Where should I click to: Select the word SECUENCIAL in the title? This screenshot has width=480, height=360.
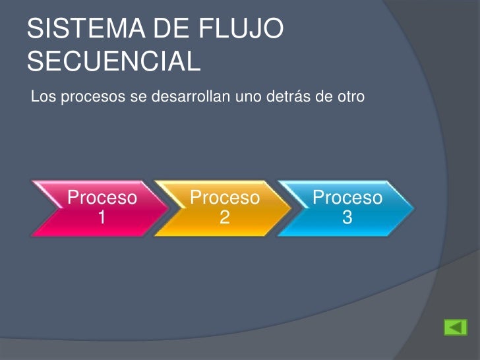click(113, 61)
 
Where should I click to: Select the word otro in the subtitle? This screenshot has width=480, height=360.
click(349, 98)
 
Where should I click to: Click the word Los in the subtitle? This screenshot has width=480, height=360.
click(40, 98)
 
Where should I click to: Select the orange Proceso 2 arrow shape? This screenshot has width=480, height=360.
click(221, 208)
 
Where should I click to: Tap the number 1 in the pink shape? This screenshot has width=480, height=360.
click(103, 217)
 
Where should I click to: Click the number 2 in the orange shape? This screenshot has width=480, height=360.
click(225, 217)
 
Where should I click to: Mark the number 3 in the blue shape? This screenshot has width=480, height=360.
click(347, 217)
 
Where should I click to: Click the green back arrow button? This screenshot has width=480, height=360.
click(455, 328)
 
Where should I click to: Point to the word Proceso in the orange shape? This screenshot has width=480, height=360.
click(225, 198)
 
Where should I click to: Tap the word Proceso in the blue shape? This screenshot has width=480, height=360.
click(347, 198)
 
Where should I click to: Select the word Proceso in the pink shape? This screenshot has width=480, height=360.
click(103, 198)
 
